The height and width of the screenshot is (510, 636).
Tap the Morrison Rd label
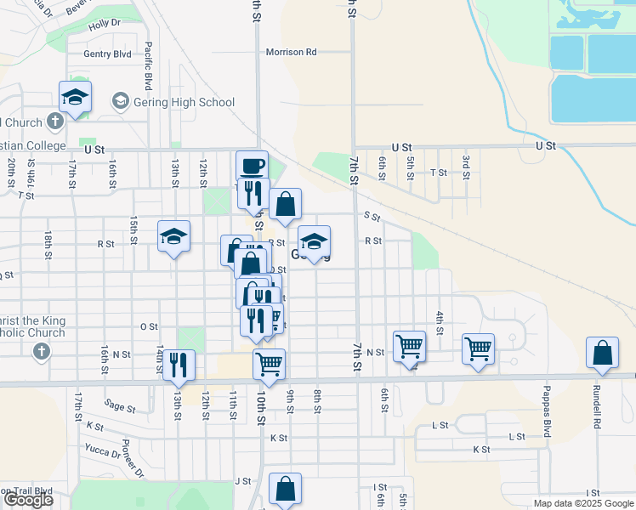pos(291,52)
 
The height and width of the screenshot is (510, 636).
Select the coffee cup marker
pos(252,167)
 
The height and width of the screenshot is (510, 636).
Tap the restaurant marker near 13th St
pos(179,365)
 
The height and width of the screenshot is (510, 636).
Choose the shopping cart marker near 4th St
pos(478,348)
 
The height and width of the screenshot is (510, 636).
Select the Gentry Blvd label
pos(107,54)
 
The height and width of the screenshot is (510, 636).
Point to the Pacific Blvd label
pos(148,66)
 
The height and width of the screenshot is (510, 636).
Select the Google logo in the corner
pos(27,500)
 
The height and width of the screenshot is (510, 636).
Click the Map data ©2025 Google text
pos(584,503)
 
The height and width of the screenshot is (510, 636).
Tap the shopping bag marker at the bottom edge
pos(285,489)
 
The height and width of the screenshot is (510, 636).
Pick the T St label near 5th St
pos(439,172)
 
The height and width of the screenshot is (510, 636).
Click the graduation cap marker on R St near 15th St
pos(173,238)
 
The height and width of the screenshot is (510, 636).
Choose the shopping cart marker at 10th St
pos(269,364)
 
